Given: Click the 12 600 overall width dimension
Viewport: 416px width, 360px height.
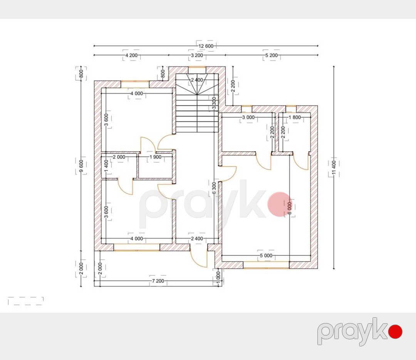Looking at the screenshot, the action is [x=206, y=46].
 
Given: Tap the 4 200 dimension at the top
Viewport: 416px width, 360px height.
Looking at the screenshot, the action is [x=131, y=55].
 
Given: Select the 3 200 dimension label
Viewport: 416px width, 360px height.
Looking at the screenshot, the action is [x=197, y=55].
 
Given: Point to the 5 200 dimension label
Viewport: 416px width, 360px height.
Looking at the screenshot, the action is [x=272, y=55].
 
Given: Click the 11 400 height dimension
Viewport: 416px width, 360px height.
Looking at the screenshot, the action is [x=334, y=167].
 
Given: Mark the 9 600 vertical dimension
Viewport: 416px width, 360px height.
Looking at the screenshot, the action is [x=81, y=166].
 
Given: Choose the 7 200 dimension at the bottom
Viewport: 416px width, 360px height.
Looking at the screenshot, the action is [x=158, y=281].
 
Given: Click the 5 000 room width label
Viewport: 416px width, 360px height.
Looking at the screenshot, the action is [x=266, y=256].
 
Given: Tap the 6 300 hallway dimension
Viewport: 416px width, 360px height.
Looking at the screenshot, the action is [x=215, y=188].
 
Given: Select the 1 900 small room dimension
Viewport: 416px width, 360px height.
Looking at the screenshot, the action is [x=156, y=157].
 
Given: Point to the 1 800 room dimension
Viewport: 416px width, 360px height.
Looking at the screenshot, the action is [x=295, y=117].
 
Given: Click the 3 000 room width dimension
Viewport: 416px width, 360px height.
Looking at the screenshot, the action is [x=248, y=117].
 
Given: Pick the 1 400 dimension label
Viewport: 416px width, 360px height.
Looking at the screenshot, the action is [x=106, y=166].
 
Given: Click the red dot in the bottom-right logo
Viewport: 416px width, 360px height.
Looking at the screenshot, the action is [x=395, y=332].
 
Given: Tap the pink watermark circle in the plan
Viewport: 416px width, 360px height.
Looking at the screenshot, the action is [x=279, y=204].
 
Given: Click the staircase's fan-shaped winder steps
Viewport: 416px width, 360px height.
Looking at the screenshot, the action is [x=197, y=84].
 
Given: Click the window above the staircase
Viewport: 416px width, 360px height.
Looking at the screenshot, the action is [x=197, y=67].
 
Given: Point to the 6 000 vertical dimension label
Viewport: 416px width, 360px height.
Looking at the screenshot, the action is [x=289, y=208].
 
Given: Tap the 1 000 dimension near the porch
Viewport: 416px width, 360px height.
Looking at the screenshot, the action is [x=218, y=278].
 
